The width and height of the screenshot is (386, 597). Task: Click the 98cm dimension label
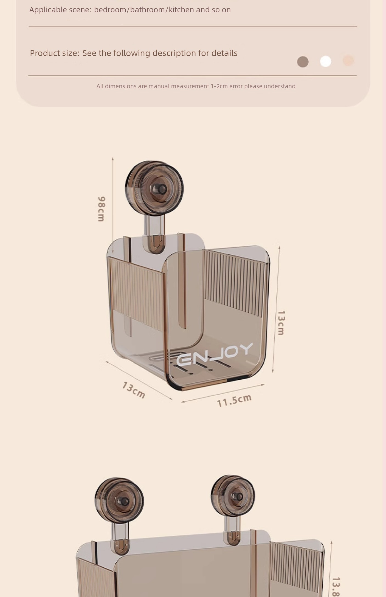(101, 209)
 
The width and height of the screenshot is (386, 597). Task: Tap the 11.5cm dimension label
(234, 401)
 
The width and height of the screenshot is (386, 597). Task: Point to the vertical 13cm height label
(281, 323)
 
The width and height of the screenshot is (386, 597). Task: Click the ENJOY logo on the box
(214, 354)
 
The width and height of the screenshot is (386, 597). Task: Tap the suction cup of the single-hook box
(154, 188)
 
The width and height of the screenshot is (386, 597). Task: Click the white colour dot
(326, 61)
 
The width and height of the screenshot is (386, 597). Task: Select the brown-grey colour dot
(303, 62)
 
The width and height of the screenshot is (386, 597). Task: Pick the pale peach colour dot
(348, 61)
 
